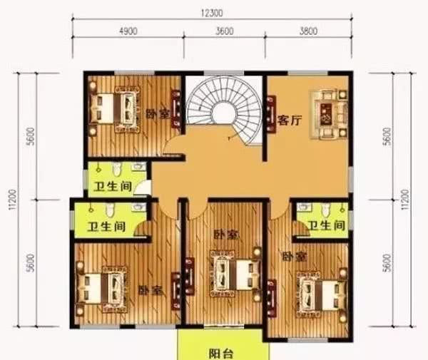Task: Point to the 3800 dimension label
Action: click(x=308, y=31)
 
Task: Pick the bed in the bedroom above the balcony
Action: click(x=233, y=274)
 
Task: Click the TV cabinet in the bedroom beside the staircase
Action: click(x=175, y=107)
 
